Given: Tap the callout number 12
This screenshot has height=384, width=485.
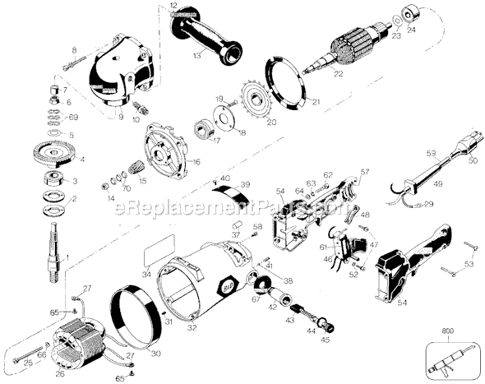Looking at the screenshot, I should tap(173, 6).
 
